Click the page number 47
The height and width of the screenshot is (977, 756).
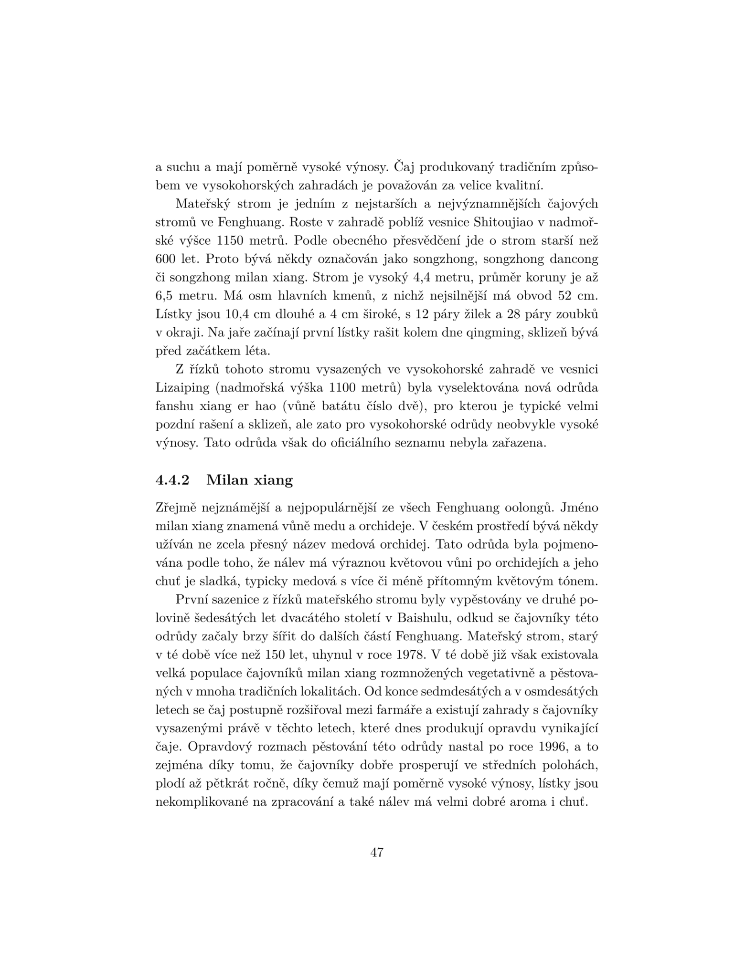click(377, 852)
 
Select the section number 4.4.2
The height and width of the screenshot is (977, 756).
click(173, 479)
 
